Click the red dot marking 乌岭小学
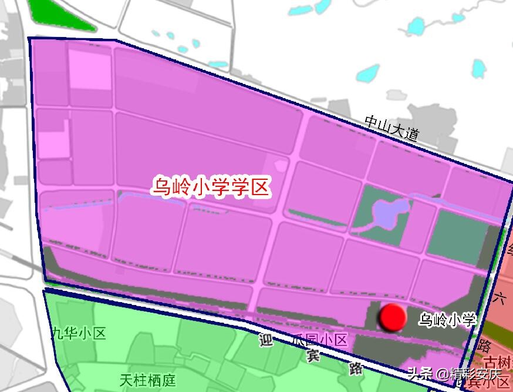393,317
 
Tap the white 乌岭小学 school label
447,320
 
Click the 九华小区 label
79,334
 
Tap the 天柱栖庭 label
147,380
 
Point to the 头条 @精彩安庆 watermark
454,373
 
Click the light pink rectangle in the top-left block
89,68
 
